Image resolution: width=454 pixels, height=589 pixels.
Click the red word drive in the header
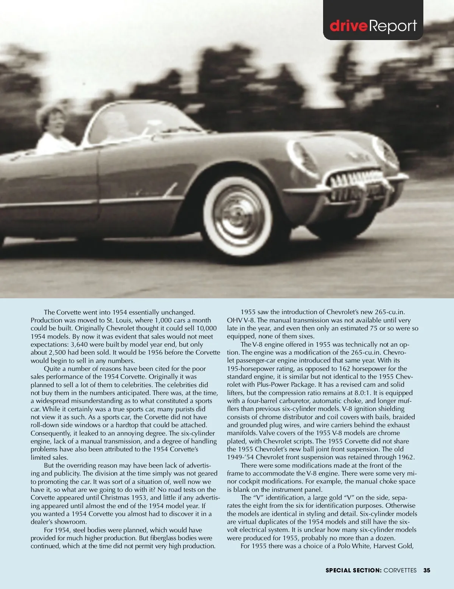click(348, 26)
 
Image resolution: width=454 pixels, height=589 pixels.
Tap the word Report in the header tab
click(393, 26)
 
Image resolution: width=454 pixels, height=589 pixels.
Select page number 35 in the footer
click(427, 570)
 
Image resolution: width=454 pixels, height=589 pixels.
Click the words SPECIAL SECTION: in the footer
click(353, 570)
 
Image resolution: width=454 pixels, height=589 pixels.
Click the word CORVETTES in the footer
click(400, 570)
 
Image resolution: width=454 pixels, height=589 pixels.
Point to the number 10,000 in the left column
click(207, 328)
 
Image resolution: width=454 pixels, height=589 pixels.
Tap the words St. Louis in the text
click(119, 320)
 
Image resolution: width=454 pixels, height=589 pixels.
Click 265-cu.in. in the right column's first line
click(390, 312)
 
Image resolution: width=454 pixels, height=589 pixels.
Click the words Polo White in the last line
click(353, 546)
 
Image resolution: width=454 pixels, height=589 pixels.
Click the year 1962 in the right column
click(406, 457)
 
